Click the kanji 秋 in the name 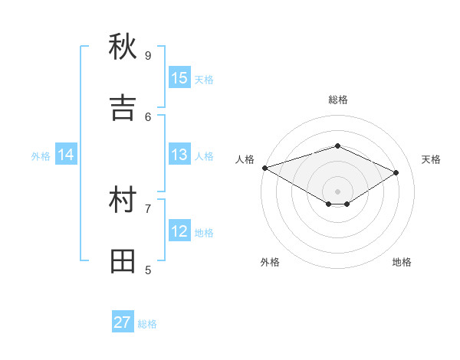(x=123, y=47)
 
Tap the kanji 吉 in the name (x=123, y=107)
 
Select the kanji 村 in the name (x=123, y=201)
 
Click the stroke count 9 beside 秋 (x=148, y=55)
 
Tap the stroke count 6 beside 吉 (x=148, y=116)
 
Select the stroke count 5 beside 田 (x=148, y=270)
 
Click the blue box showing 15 (x=179, y=78)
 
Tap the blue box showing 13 (x=179, y=155)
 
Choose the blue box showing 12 (x=179, y=231)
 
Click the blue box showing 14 (x=66, y=155)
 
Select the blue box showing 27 (x=123, y=322)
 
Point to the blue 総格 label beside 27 (x=147, y=324)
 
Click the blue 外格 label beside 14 (x=41, y=156)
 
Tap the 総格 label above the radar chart (x=337, y=100)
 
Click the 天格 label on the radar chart (x=431, y=159)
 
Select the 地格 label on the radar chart (x=402, y=262)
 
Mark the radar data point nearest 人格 (x=264, y=168)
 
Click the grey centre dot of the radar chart (x=337, y=191)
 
